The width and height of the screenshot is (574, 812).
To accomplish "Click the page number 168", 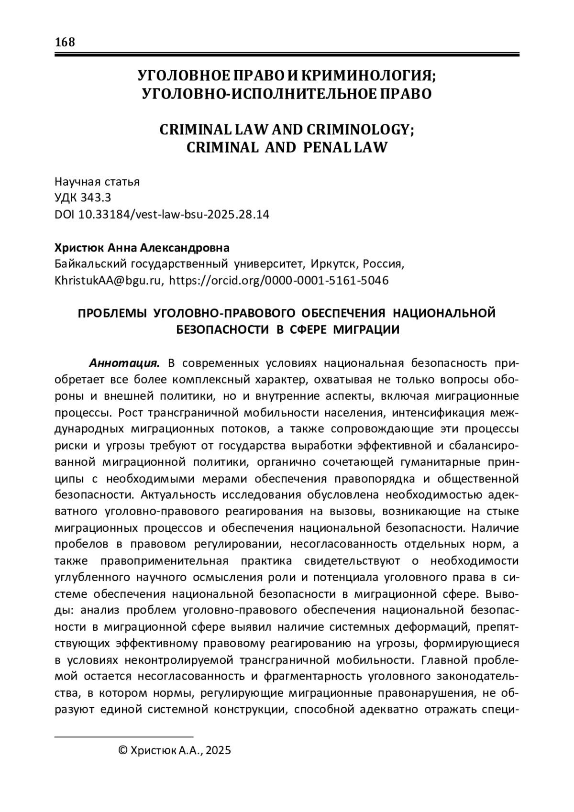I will coord(65,42).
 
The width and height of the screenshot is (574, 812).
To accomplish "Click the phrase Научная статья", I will coord(97,182).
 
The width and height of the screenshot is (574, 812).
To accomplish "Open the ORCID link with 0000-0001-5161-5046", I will coord(279,280).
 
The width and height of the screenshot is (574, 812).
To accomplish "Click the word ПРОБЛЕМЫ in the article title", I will coord(111,313).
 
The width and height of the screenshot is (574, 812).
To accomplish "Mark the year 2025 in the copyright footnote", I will coord(219,750).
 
